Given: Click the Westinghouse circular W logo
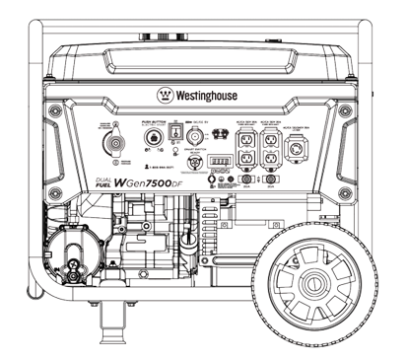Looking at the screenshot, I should pyautogui.click(x=164, y=97).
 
